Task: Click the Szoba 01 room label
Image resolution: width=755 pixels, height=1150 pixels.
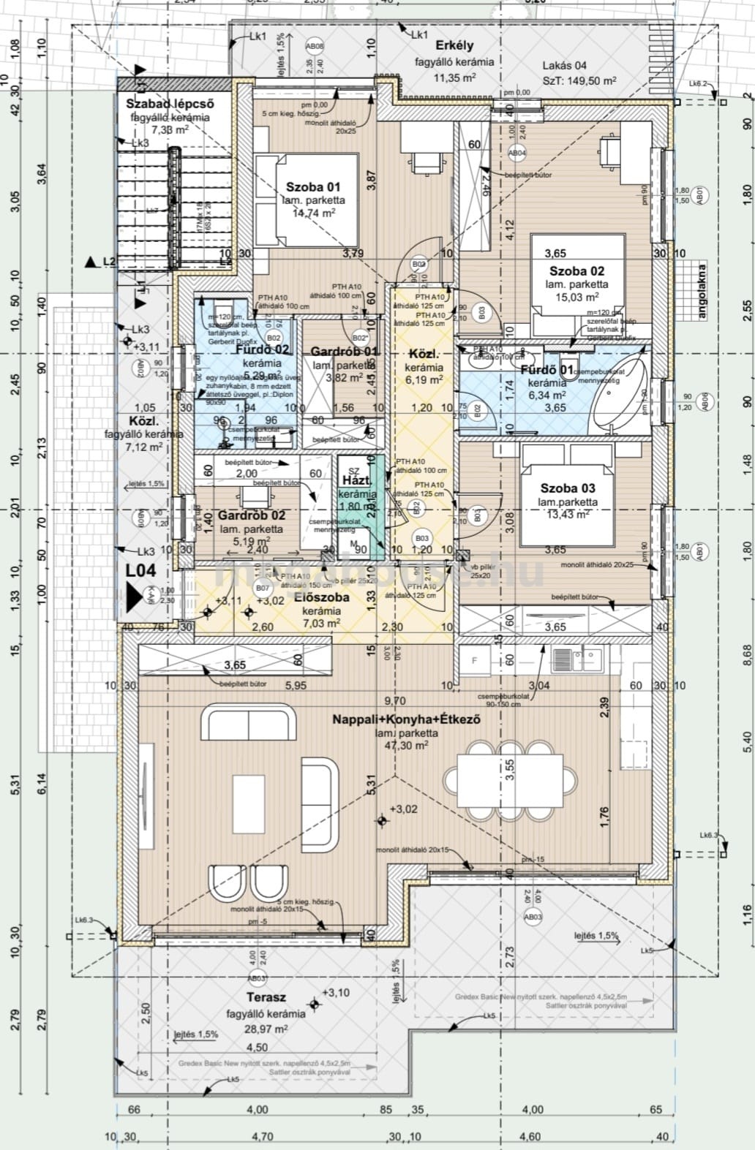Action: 312,187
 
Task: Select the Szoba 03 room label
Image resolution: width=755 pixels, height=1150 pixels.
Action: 568,488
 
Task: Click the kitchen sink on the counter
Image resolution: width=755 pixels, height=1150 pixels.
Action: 577,660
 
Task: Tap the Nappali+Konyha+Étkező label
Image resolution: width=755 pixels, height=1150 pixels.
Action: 406,719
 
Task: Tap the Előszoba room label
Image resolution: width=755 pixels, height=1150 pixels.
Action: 321,597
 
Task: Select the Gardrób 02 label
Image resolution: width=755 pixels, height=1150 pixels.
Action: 251,515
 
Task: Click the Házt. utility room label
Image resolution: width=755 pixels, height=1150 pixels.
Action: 356,480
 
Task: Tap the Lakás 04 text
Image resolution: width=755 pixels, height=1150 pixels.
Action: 564,65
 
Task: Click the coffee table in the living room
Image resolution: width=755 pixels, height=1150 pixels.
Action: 249,805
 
